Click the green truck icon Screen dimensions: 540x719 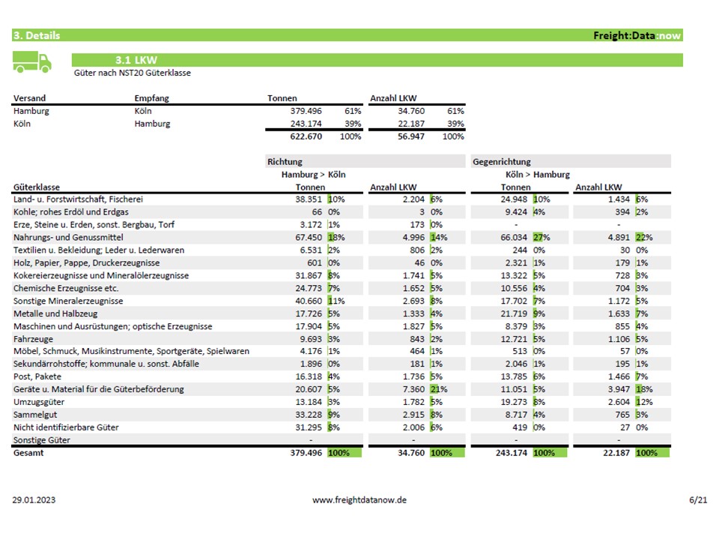coord(32,63)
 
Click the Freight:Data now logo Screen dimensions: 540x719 coord(637,35)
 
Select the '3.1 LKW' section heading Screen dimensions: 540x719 coord(136,60)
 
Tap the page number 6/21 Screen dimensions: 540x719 coord(697,499)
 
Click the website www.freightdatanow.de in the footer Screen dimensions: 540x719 coord(359,499)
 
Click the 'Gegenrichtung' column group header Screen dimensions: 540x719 coord(502,161)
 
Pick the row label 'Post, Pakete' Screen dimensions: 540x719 coord(37,376)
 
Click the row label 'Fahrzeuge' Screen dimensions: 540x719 coord(33,339)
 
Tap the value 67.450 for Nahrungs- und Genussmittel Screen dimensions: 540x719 coord(307,237)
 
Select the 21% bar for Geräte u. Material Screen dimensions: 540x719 coord(437,389)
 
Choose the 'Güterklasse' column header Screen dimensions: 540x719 coord(37,187)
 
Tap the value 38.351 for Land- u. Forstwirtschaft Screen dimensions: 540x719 coord(307,199)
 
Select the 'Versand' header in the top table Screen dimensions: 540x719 coord(29,98)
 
